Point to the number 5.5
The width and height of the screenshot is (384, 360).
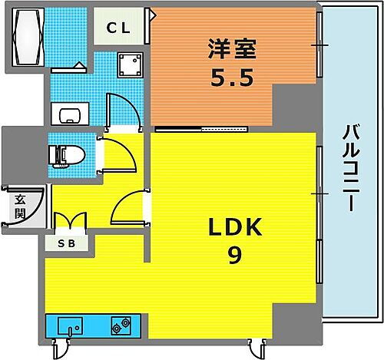tap(229, 80)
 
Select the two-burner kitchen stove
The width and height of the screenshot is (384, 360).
tap(121, 326)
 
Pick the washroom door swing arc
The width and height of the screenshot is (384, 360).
tap(123, 112)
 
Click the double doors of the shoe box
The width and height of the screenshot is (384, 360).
tap(71, 222)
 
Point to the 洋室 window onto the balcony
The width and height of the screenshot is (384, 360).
tap(318, 45)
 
